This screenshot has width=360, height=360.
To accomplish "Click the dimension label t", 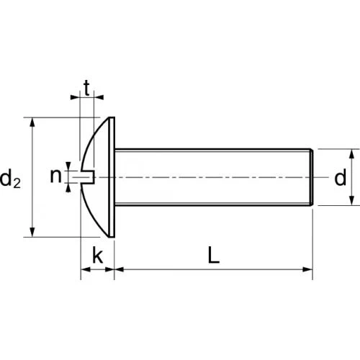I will coord(86,89).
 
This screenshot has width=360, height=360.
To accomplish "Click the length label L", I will coord(213,255).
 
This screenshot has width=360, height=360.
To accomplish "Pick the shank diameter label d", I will coord(340,179).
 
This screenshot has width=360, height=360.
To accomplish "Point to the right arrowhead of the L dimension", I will coord(309,270).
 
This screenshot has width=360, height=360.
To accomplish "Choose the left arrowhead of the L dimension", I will coord(120,270).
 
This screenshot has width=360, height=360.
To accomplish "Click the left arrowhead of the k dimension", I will coord(84,270).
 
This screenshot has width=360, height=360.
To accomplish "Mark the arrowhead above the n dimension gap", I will coord(68,166).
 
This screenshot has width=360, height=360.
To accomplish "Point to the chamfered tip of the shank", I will coord(312,177).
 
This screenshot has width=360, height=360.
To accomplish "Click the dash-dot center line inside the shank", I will coord(216,177).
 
